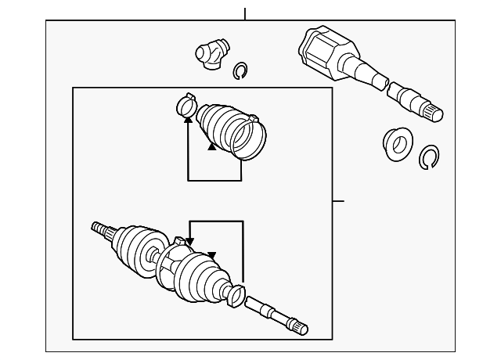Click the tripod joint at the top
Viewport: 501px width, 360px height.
coord(209,54)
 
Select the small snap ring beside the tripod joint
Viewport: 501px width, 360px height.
coord(241,71)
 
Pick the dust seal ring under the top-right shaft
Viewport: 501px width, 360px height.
coord(398,143)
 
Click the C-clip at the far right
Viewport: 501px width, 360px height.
coord(429,157)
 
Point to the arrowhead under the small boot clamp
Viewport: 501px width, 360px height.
coord(188,118)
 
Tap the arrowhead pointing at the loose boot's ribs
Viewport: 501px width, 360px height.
coord(211,146)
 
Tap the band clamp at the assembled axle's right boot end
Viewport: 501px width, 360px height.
coord(236,295)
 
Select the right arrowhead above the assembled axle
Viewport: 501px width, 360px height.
coord(211,255)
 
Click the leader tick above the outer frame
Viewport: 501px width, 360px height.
coord(245,13)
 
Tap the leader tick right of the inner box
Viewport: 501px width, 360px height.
coord(338,201)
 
